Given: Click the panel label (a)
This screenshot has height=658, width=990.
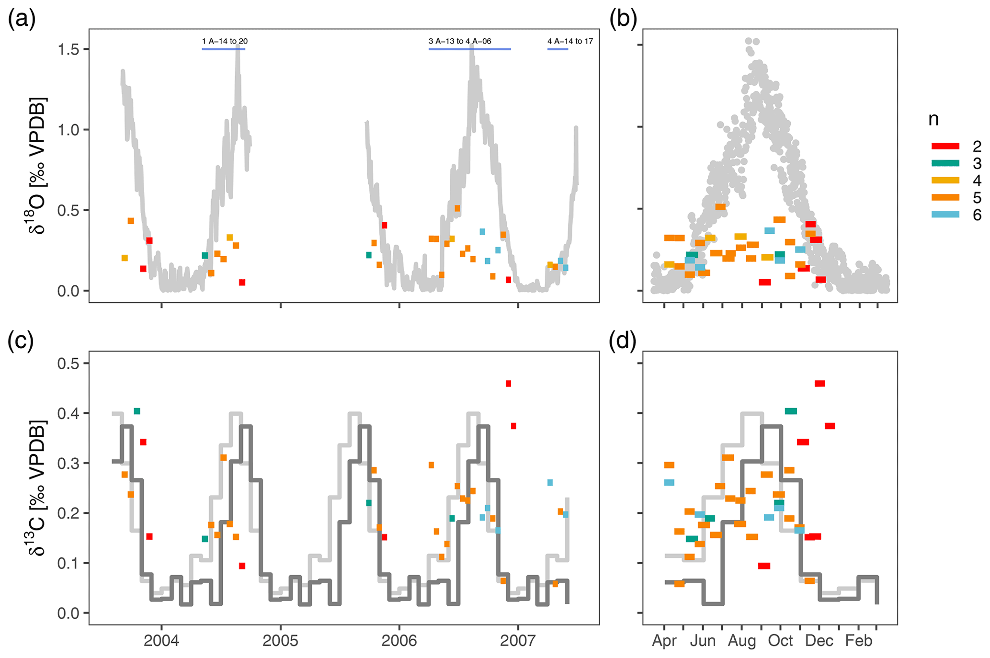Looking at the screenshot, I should click(22, 20).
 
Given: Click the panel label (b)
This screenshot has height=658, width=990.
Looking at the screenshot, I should click(623, 20).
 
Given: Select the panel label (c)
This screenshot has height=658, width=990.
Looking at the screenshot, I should click(21, 341).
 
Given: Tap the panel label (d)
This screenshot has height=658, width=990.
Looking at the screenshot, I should click(623, 341).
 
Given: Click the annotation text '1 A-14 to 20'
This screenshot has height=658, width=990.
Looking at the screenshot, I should click(225, 41).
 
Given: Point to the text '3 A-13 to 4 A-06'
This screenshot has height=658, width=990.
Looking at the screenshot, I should click(460, 41).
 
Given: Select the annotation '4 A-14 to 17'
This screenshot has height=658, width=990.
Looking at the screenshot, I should click(570, 41).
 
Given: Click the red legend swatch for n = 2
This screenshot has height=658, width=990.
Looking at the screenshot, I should click(945, 146).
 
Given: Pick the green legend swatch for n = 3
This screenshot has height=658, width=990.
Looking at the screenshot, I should click(945, 163).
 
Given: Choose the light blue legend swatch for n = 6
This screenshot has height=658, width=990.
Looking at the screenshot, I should click(945, 215).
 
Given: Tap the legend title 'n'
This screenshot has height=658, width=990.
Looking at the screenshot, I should click(933, 119).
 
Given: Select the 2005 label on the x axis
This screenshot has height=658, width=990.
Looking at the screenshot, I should click(280, 641).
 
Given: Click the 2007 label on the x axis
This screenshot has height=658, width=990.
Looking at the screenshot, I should click(518, 641).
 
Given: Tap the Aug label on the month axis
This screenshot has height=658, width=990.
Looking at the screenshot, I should click(742, 641).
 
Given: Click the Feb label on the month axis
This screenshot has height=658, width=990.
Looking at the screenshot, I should click(858, 641).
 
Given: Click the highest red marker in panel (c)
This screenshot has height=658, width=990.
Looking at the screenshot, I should click(508, 384).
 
